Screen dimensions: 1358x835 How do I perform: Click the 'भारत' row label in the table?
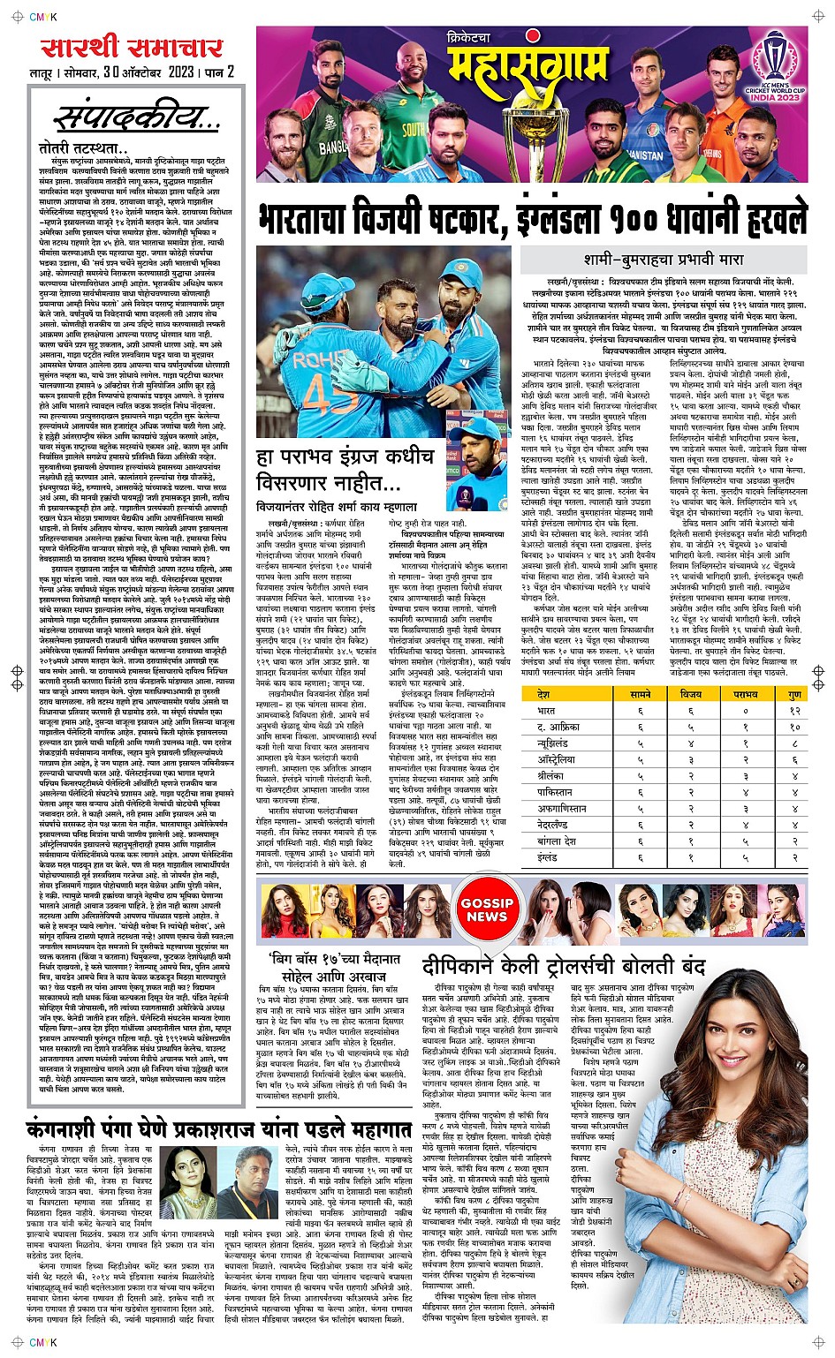click(x=548, y=710)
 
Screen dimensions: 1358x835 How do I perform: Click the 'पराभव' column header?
click(x=745, y=695)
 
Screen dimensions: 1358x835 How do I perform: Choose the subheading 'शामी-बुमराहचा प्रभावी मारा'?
click(x=664, y=260)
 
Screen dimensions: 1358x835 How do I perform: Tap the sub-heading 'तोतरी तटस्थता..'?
click(x=83, y=149)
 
